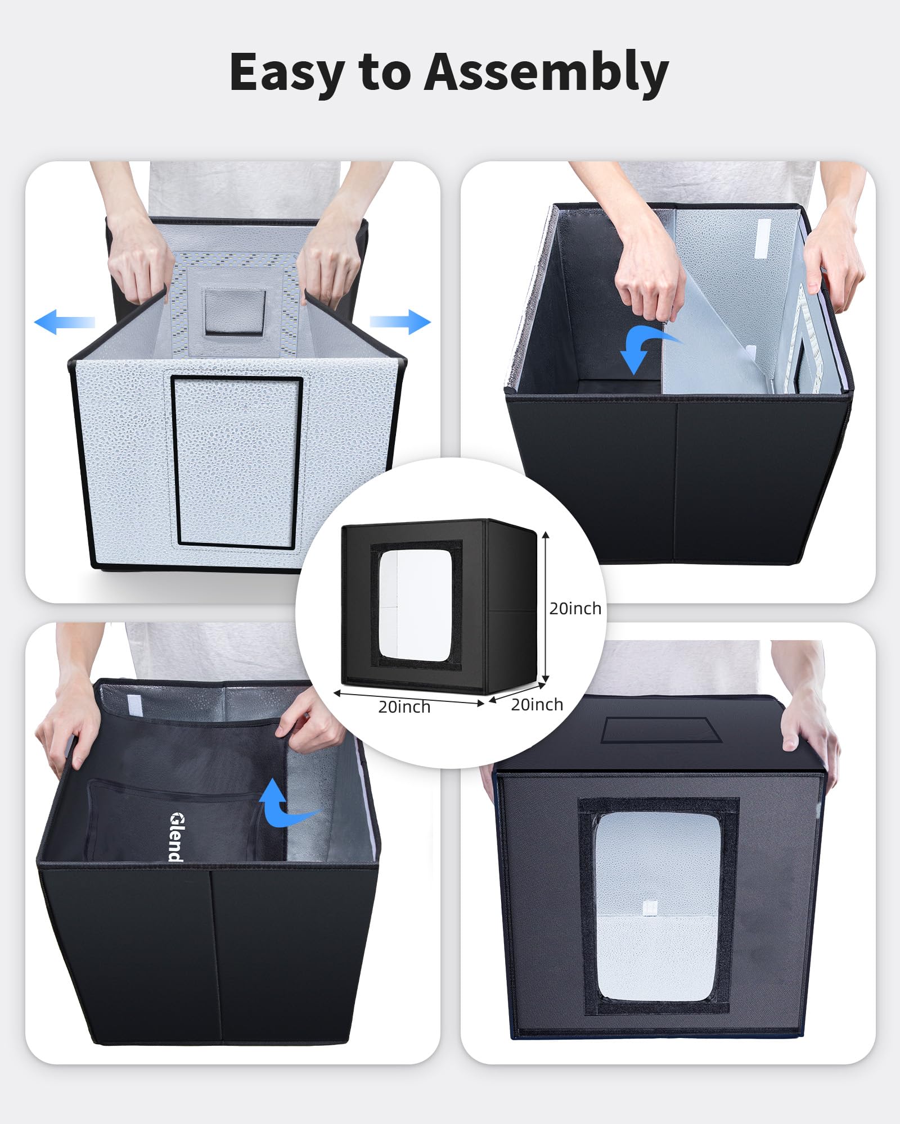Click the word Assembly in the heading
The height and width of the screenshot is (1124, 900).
pos(546,72)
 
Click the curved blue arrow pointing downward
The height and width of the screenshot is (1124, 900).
pos(647,348)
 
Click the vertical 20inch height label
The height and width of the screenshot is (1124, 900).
pos(575,609)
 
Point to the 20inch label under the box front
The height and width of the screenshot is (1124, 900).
pos(404,707)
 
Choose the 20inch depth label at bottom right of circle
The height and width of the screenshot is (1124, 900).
pos(537,705)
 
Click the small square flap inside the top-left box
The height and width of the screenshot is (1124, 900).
pos(235,312)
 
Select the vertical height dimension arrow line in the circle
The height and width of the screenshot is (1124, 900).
pos(546,607)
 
